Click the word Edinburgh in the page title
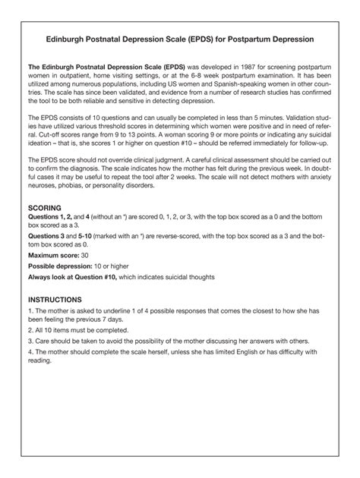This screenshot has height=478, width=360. pyautogui.click(x=73, y=37)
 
